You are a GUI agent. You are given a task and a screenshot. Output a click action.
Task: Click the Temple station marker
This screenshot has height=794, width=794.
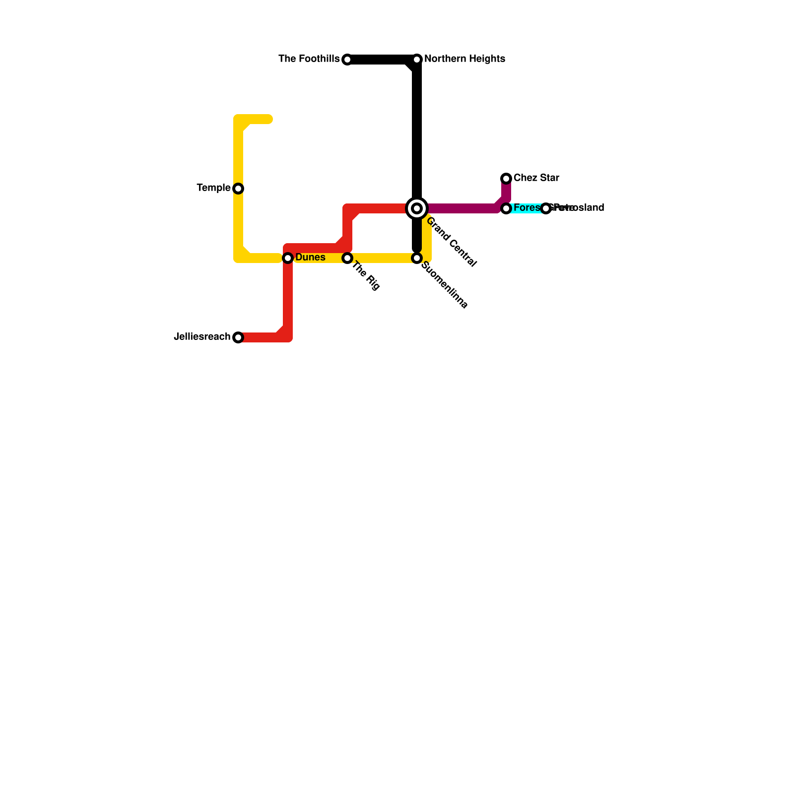coord(238,189)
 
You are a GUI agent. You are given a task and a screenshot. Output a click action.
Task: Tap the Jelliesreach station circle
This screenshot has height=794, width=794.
coord(238,337)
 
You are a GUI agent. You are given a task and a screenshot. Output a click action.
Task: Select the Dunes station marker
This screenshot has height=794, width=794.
coord(288,258)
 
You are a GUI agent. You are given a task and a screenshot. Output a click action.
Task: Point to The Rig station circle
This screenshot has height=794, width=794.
coord(347,258)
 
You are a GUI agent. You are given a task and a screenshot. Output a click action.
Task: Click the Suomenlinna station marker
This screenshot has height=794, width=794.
coord(417,258)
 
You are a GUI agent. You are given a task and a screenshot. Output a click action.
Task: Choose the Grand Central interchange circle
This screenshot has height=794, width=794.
coord(417,208)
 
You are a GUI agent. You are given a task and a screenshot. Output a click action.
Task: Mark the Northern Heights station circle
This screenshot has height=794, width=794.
coord(417,60)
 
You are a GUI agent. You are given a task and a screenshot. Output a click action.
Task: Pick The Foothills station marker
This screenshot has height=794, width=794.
coord(347,60)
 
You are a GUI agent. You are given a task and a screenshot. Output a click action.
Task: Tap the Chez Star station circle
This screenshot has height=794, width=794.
coord(506,179)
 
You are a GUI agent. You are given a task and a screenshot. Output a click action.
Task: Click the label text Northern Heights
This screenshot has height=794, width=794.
coord(464,59)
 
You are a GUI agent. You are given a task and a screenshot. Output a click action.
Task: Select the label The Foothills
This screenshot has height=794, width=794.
coord(309,59)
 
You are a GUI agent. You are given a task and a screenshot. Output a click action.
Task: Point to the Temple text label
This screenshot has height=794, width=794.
coord(213,188)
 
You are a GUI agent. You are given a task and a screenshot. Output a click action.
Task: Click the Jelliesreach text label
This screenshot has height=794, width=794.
coord(202,337)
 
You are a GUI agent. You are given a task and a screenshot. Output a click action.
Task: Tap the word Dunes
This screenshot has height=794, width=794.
coord(310,258)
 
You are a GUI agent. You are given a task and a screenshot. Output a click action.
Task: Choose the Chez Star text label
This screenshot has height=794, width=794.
coord(536,178)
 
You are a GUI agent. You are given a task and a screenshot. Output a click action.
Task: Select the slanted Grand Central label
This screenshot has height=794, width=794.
coord(451,242)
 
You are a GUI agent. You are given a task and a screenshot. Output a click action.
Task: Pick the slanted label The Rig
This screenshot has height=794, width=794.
coord(366,276)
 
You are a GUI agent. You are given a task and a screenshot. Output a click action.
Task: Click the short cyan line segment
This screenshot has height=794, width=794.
coord(526,208)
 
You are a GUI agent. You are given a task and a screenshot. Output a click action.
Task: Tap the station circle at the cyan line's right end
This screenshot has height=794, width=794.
coord(546,208)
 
